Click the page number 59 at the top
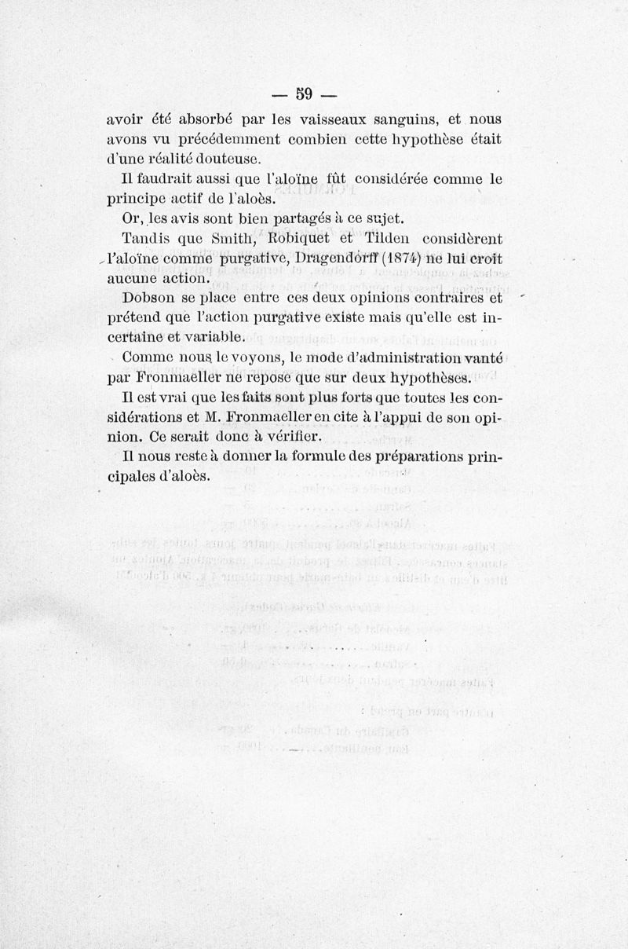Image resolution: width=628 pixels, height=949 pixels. pyautogui.click(x=304, y=94)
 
